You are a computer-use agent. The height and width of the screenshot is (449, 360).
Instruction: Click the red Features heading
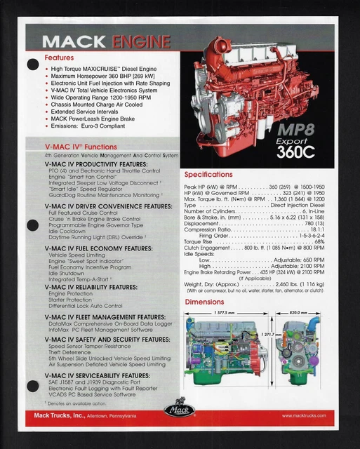click(59, 58)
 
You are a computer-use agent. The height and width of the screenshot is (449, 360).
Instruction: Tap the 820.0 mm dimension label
click(298, 313)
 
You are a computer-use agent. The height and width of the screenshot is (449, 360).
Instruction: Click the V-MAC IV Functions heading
click(81, 146)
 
